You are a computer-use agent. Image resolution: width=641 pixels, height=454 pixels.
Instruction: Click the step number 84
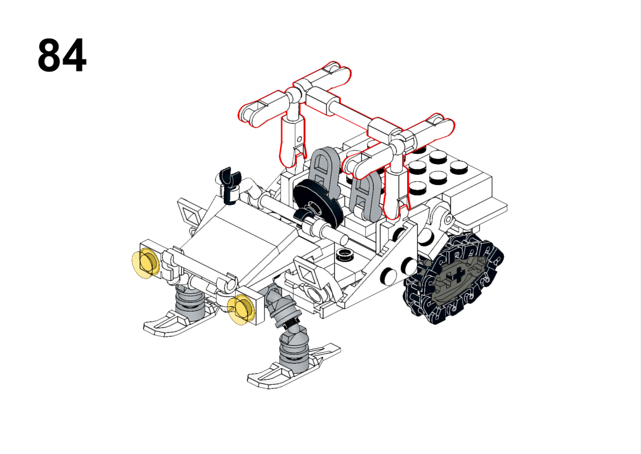click(x=62, y=55)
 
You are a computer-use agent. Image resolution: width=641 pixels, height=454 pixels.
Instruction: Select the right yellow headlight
click(x=241, y=310)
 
